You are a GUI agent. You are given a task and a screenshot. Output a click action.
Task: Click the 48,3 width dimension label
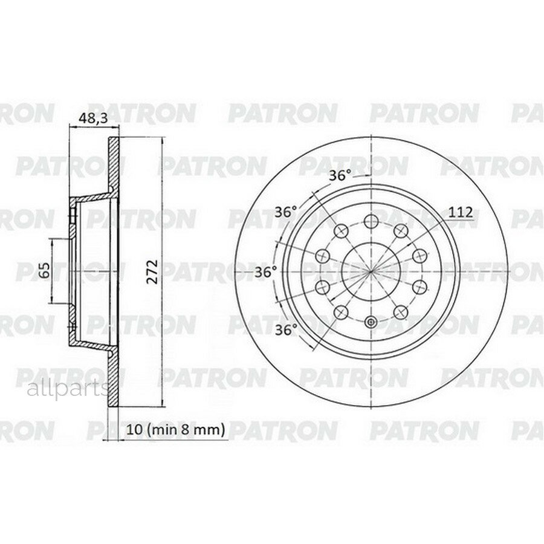coord(94,118)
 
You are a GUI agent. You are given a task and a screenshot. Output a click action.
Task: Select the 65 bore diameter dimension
coord(44,270)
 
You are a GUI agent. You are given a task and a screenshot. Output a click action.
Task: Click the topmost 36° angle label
coord(340,176)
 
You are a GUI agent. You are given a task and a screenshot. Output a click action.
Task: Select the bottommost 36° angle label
coord(286,329)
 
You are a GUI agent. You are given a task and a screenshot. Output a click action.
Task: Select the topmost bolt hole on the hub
coord(371,220)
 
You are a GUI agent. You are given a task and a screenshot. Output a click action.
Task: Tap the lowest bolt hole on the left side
coord(341,312)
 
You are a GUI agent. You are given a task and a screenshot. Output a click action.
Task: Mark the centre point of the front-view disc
coord(371,271)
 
